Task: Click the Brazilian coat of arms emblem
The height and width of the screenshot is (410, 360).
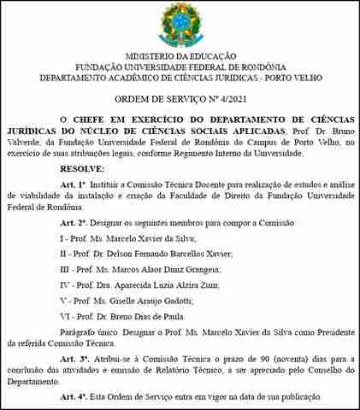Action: pyautogui.click(x=180, y=23)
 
